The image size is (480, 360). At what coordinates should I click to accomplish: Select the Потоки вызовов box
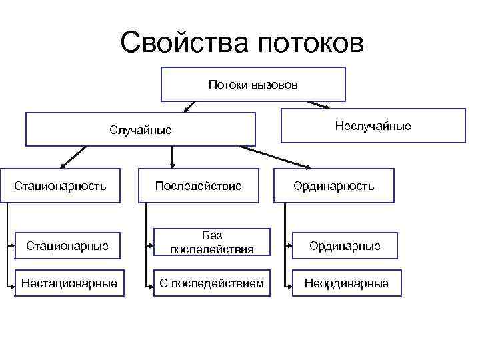point(253,84)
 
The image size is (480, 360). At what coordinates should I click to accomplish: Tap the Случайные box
point(141,129)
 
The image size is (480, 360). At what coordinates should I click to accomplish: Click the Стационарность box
point(61,185)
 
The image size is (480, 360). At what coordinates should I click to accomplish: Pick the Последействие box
point(198,185)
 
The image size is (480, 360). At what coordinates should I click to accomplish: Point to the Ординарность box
point(334,185)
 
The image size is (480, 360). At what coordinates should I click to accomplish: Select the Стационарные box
point(67,246)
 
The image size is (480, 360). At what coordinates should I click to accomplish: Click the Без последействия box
point(212,243)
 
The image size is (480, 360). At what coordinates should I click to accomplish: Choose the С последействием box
point(212,283)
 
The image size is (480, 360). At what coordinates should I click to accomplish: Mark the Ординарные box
point(345,246)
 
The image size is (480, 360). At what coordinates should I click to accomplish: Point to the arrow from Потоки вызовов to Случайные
point(191,105)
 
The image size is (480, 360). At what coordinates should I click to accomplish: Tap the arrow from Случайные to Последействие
point(173,156)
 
